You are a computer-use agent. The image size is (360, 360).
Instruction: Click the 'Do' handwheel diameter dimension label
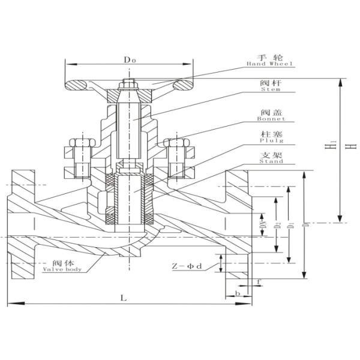coord(129,60)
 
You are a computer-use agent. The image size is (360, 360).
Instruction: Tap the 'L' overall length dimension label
coord(123,297)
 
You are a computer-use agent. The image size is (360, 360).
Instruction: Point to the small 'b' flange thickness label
coord(238,294)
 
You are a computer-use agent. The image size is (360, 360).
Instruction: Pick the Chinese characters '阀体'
coord(61,263)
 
